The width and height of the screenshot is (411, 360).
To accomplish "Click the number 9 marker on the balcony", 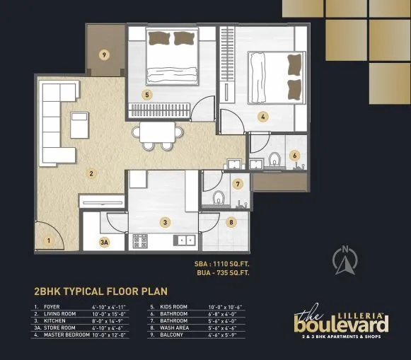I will pos(104,54).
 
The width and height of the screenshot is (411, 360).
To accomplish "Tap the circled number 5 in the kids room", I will pos(146,94).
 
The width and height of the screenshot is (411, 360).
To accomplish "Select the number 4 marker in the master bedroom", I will pos(262,117).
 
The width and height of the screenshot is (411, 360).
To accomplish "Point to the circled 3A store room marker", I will pos(105,242).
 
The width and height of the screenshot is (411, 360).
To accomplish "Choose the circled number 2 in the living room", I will pos(91,172).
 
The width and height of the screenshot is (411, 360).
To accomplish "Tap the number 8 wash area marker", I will pos(231,222).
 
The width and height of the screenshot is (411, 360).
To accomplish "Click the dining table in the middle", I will pos(157,132).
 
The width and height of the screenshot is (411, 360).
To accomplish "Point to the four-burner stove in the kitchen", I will pos(140,240).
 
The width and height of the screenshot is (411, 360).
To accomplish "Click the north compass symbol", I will pos(345,262).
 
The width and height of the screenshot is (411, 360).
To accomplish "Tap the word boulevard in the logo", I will pos(341,324).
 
